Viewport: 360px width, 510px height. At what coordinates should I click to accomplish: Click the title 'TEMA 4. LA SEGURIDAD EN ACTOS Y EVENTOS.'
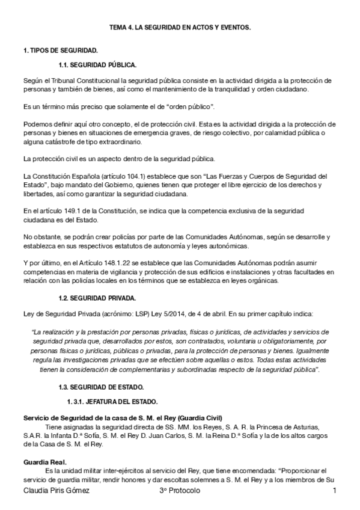coord(180,28)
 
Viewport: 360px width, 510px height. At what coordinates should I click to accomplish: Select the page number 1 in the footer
coord(334,492)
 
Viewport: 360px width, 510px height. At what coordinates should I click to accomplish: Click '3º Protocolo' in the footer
coord(175,492)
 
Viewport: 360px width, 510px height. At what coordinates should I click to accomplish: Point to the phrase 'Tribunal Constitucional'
coord(81,80)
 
